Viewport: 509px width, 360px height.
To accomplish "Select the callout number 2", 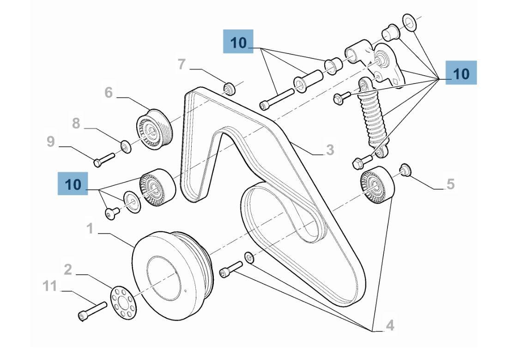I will click(68, 270).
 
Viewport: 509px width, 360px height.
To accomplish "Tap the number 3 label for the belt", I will click(329, 150).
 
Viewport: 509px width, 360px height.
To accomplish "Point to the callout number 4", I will click(390, 326).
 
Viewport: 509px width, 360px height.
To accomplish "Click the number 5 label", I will click(450, 184).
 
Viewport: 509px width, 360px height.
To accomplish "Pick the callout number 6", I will click(109, 93).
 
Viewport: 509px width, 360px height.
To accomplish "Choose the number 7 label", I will click(182, 65).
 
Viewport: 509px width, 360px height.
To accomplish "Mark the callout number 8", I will click(76, 124).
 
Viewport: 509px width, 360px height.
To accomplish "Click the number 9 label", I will click(51, 142).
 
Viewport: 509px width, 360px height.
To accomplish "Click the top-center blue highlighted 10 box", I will click(238, 42).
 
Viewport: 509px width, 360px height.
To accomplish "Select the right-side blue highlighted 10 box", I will click(461, 73).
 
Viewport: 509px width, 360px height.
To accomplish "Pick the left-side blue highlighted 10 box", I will click(73, 184).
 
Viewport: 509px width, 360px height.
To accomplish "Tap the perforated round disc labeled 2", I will click(123, 302).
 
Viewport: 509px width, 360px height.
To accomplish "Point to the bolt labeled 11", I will click(92, 310).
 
